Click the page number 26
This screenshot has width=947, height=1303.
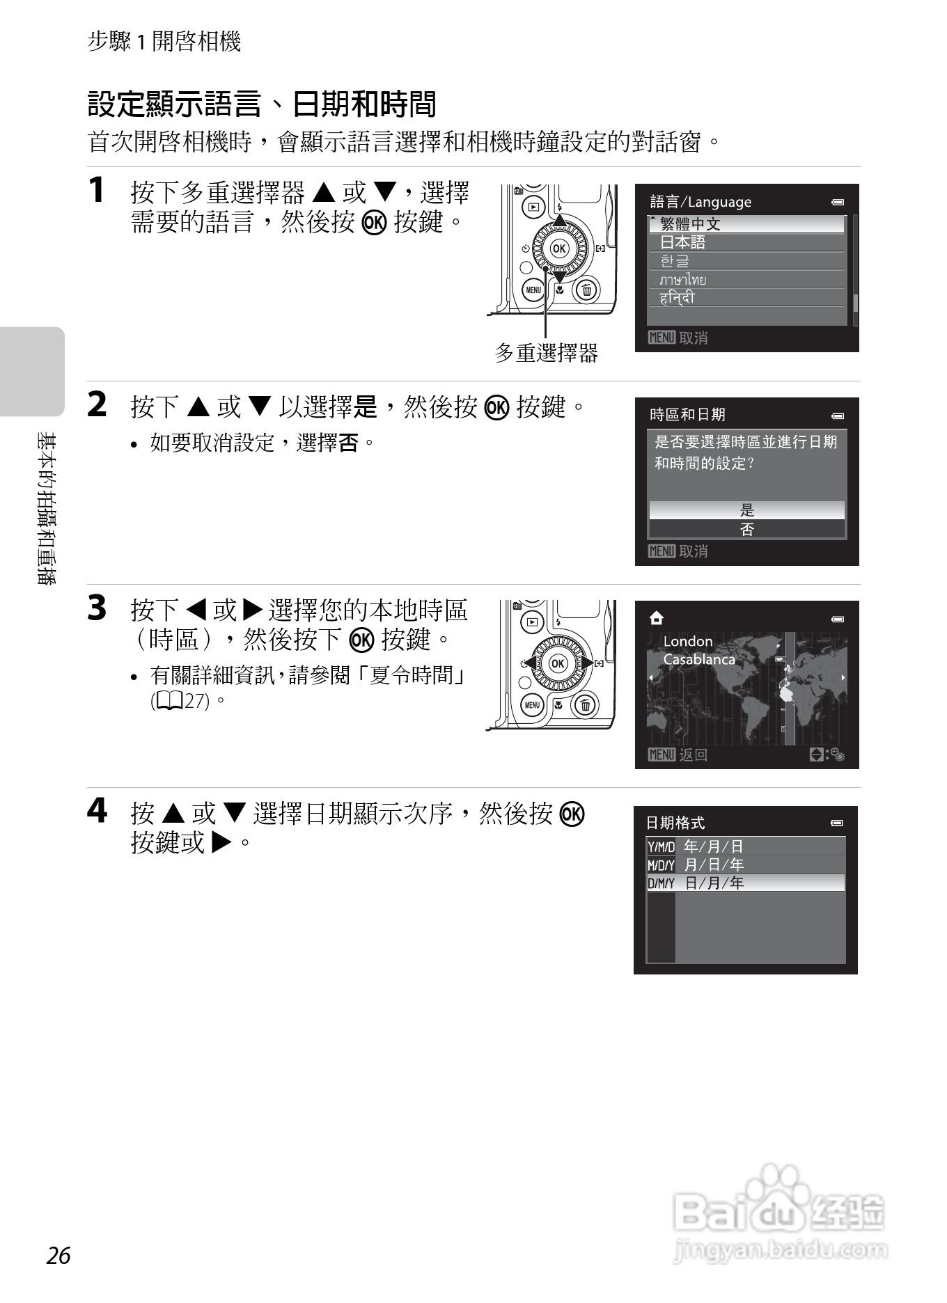click(x=59, y=1255)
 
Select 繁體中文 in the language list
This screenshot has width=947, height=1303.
click(x=746, y=224)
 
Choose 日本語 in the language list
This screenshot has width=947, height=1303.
click(x=746, y=242)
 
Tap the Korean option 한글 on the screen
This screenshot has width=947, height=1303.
click(x=746, y=261)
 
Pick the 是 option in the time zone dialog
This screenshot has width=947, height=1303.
click(x=746, y=510)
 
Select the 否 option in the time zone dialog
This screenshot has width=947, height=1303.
click(x=746, y=529)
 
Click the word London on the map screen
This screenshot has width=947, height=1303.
click(x=688, y=641)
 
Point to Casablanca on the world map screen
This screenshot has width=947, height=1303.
click(x=698, y=659)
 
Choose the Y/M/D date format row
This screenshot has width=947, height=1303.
click(x=746, y=846)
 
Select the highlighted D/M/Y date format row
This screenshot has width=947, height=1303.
click(x=746, y=883)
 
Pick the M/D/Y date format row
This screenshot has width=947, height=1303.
click(x=746, y=864)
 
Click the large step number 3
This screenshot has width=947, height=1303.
click(x=97, y=608)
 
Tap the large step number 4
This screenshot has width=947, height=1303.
click(x=97, y=811)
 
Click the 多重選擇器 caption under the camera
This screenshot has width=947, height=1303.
click(x=546, y=354)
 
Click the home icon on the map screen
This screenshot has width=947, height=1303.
click(x=656, y=618)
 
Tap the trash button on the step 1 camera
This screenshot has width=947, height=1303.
click(x=586, y=290)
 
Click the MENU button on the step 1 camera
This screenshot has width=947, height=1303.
click(x=533, y=290)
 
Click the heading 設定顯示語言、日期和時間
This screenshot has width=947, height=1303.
click(x=262, y=105)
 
